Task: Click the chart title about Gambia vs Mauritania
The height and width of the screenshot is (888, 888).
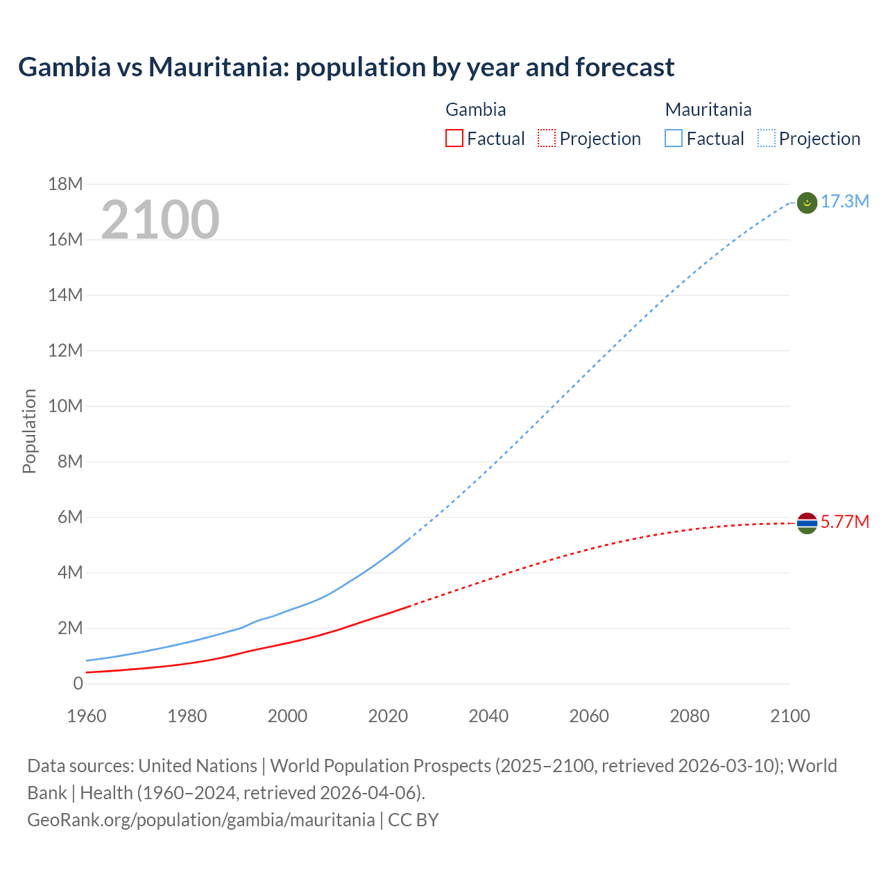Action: click(346, 67)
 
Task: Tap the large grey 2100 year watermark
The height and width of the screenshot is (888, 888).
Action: click(160, 220)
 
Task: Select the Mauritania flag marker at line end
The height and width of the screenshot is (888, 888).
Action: click(807, 203)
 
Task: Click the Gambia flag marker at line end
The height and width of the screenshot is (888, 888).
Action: click(807, 523)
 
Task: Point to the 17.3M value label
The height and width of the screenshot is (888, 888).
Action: click(844, 202)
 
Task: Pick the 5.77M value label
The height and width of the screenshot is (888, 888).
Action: click(844, 522)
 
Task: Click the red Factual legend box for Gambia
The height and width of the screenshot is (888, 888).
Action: click(454, 139)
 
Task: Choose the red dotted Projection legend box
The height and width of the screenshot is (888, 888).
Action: click(547, 139)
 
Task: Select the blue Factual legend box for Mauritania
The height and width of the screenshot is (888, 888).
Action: click(674, 139)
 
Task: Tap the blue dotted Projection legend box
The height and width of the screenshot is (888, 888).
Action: click(767, 139)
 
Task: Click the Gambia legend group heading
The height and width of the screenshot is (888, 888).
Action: click(475, 110)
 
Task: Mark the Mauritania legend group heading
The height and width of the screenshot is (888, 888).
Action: click(708, 110)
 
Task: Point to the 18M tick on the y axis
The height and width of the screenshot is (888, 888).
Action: click(65, 184)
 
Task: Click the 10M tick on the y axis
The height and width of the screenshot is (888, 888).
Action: click(65, 406)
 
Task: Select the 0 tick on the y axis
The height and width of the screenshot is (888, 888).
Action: click(78, 683)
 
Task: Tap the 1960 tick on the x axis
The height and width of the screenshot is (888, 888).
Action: click(87, 716)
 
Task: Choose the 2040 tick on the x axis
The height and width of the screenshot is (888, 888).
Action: click(488, 716)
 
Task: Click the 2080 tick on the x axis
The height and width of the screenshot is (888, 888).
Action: click(690, 716)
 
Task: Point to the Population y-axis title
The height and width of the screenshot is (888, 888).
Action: click(29, 431)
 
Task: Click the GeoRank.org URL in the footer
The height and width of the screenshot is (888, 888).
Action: click(200, 820)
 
